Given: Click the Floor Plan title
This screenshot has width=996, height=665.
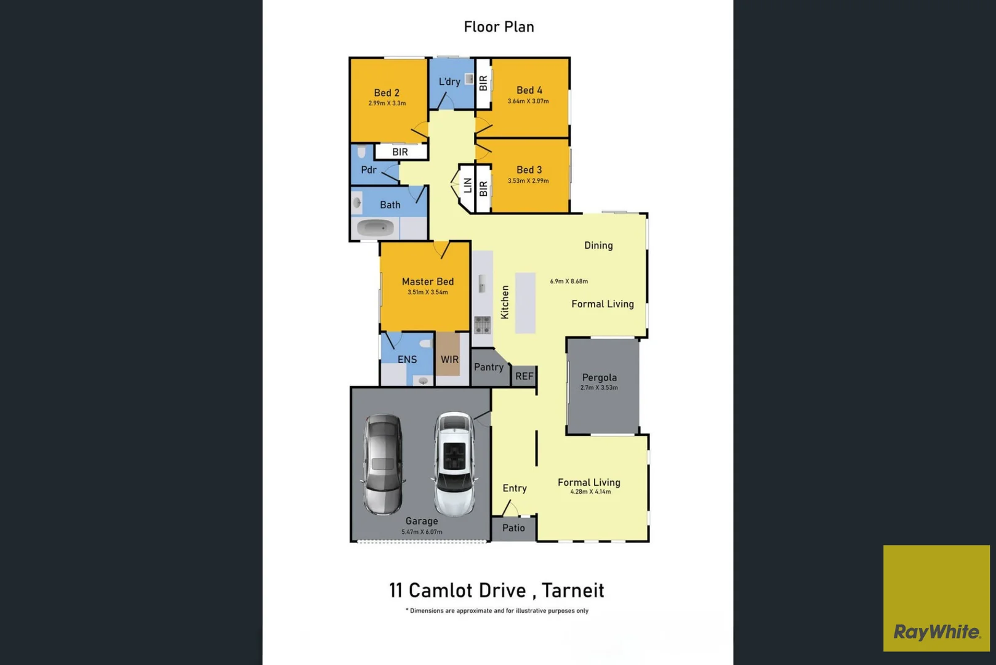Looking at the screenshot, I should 499,27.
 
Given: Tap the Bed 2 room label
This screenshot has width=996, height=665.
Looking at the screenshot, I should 387,93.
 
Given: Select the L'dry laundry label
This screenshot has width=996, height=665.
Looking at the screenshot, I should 449,81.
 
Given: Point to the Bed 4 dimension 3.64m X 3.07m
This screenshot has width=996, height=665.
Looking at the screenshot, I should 528,101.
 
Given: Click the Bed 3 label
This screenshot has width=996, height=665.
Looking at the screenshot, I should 529,170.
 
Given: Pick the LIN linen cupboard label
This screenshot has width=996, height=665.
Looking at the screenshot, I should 468,185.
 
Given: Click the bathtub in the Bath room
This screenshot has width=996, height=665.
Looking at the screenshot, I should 375,228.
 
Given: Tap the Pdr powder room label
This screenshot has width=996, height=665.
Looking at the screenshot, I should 369,170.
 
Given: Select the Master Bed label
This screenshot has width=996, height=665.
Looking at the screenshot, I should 428,281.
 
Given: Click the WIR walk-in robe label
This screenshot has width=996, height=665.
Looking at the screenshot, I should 449,360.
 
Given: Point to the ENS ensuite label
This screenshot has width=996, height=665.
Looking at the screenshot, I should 407,360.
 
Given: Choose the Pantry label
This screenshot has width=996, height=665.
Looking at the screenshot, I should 489,367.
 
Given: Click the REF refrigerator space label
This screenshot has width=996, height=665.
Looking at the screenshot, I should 524,376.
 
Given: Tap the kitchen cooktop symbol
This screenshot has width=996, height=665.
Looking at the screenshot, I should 482,324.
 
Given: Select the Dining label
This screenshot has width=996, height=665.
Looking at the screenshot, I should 598,246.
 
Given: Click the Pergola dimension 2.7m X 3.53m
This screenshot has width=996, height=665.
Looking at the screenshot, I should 599,388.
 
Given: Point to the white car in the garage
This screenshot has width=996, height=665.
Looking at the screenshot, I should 454,464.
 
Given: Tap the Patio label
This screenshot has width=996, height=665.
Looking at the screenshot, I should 513,528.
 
